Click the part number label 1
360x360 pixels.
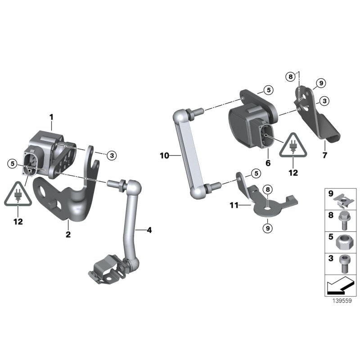click(51, 117)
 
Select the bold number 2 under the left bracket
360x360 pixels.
click(68, 234)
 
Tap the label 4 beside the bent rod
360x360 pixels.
click(149, 230)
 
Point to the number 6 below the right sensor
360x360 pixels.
click(268, 162)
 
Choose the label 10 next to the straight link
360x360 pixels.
click(164, 156)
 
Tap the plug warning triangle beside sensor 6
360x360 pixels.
click(293, 145)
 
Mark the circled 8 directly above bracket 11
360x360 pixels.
click(267, 189)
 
